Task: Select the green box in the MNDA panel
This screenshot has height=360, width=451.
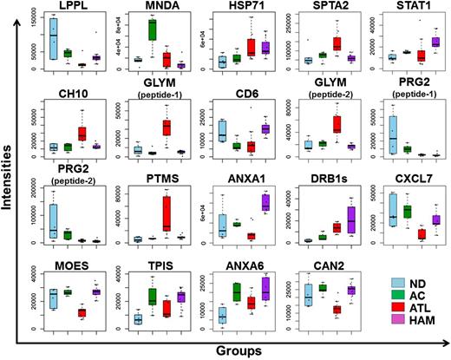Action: (x=153, y=30)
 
